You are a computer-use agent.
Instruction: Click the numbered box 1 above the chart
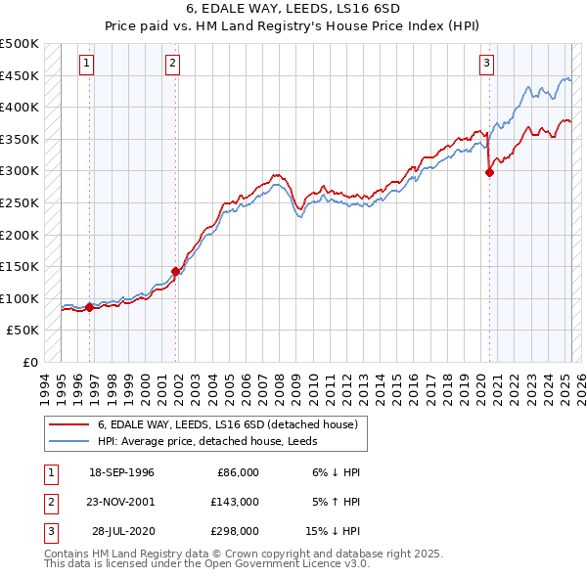click(x=87, y=65)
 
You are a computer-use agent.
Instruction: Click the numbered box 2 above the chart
click(x=172, y=65)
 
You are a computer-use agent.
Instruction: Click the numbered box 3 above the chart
click(x=486, y=65)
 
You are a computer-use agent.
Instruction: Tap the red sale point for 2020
click(x=489, y=173)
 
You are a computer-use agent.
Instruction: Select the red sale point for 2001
click(x=176, y=271)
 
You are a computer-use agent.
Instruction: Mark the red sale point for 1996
click(x=89, y=307)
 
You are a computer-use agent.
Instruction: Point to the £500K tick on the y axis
click(x=20, y=44)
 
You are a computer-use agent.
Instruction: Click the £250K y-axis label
click(x=20, y=203)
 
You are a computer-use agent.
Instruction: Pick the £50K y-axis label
click(x=23, y=331)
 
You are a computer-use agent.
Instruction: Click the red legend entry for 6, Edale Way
click(x=232, y=424)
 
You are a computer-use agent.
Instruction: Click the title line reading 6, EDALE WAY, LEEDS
click(x=293, y=12)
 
